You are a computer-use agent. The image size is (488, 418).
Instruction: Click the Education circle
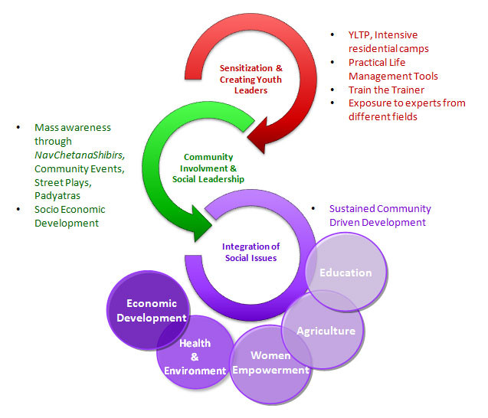tap(346, 273)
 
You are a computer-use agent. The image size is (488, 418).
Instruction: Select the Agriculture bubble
tap(326, 331)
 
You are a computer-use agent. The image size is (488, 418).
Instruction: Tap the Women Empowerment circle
tap(270, 363)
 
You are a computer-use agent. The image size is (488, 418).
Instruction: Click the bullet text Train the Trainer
tap(387, 90)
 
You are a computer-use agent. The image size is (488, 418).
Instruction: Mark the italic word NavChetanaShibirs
tap(80, 155)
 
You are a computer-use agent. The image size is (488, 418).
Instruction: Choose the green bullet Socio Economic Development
tap(69, 216)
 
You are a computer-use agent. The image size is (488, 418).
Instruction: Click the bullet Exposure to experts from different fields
tap(406, 110)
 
